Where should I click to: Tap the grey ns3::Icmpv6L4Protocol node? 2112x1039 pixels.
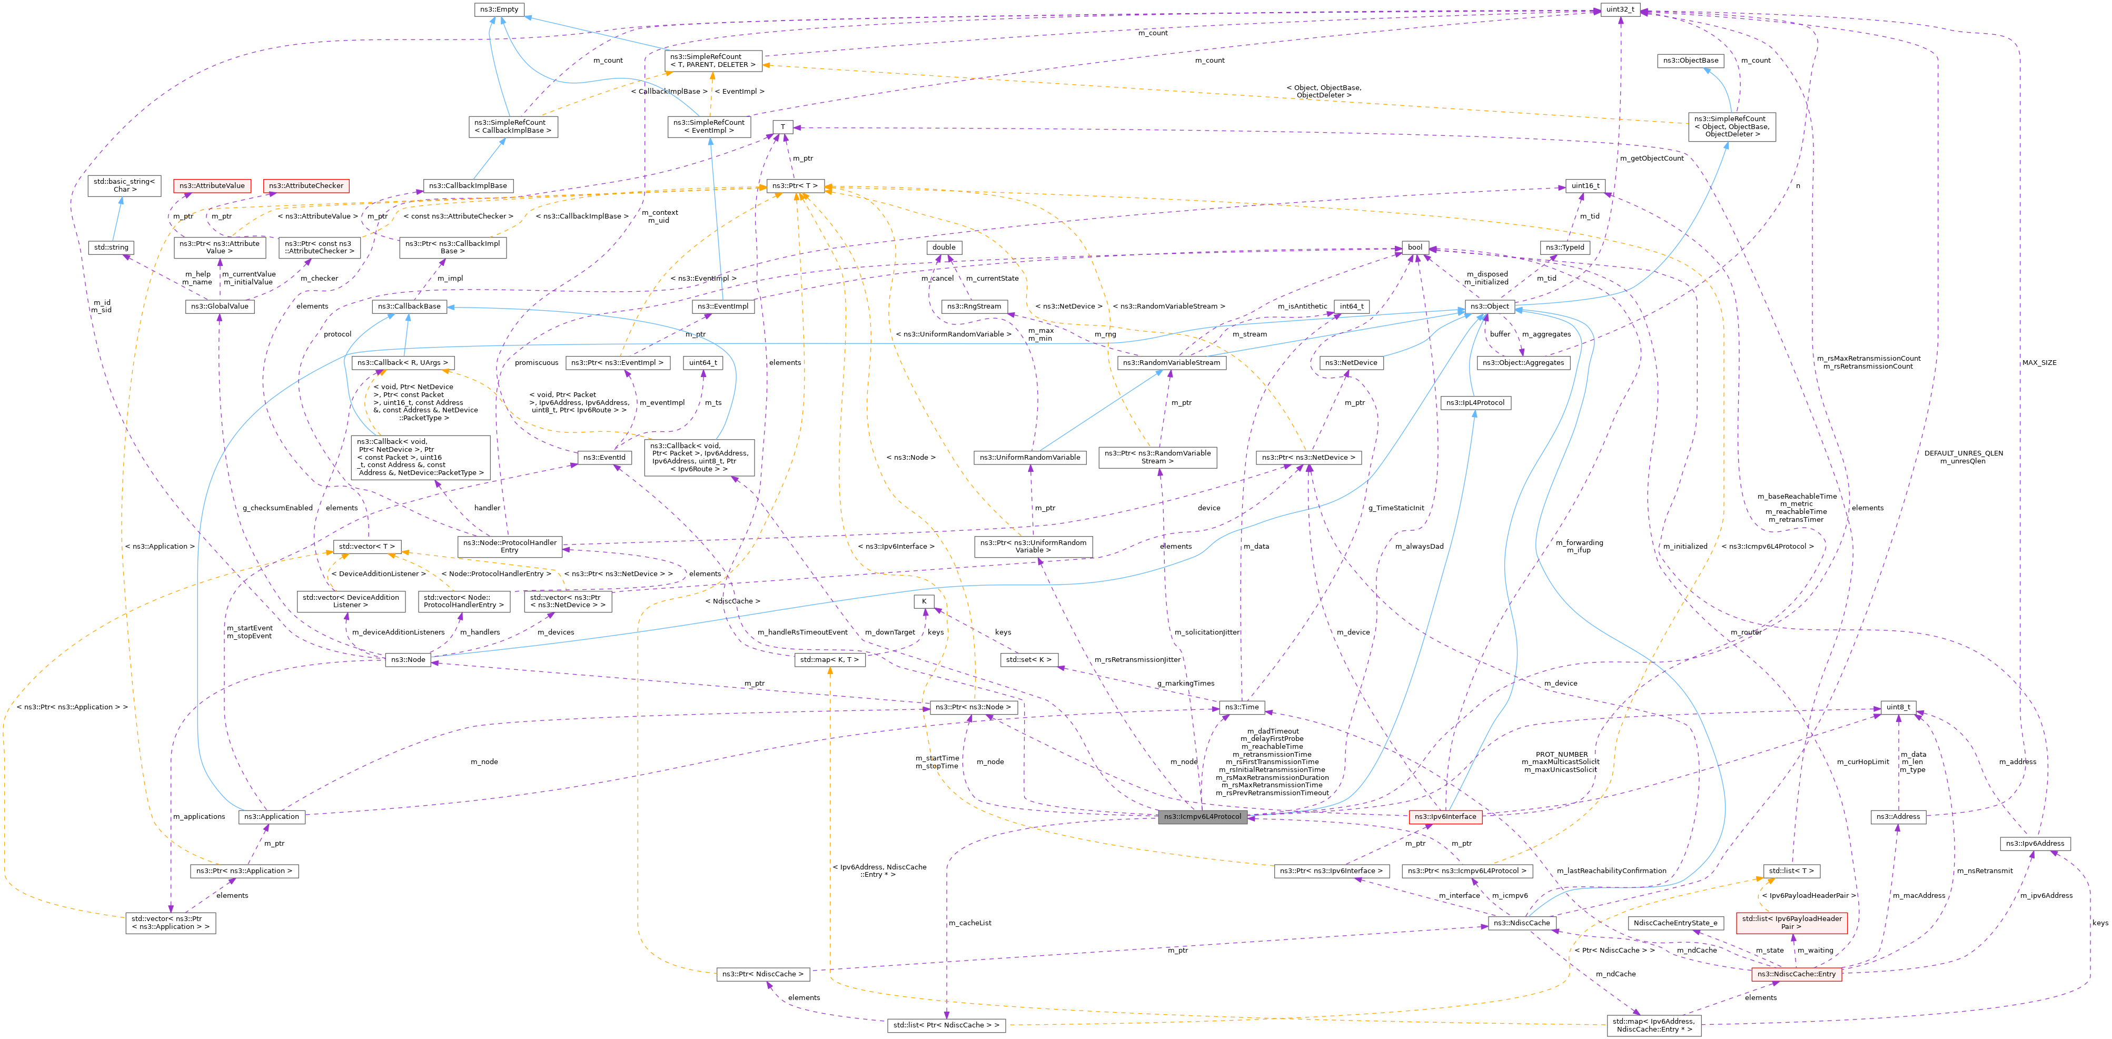click(1202, 817)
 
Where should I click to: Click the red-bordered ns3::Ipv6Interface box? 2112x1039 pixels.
click(1445, 817)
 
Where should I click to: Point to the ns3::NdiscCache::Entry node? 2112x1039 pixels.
click(1796, 974)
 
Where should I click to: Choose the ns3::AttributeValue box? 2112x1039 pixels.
click(212, 186)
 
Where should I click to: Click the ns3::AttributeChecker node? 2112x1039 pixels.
click(306, 186)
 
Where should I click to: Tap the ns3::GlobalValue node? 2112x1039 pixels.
click(219, 306)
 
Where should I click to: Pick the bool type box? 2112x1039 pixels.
click(1415, 248)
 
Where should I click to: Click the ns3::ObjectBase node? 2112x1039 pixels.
click(1689, 61)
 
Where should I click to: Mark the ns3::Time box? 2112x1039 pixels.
click(1241, 707)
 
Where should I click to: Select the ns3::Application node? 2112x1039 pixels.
click(271, 817)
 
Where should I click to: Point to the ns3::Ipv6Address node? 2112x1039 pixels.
click(2034, 844)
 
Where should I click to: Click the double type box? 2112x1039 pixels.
click(943, 248)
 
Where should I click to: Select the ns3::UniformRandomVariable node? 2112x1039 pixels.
click(1030, 458)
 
